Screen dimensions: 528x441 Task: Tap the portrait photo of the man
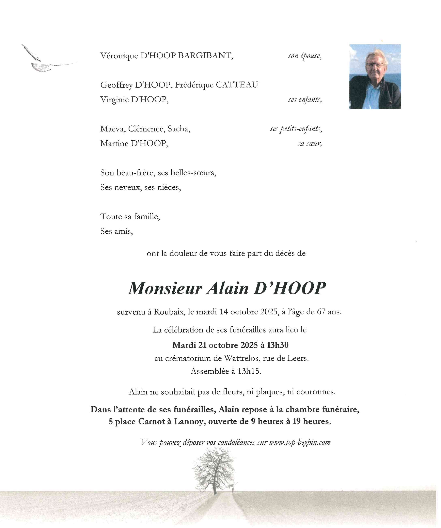[375, 77]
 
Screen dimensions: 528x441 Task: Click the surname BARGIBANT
[205, 56]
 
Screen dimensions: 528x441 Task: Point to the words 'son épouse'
[305, 56]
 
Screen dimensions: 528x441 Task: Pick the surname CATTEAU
[237, 85]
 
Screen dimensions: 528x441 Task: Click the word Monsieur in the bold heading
[165, 288]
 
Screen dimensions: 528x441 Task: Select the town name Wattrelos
[242, 358]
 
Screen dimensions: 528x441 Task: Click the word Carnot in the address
[151, 421]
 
